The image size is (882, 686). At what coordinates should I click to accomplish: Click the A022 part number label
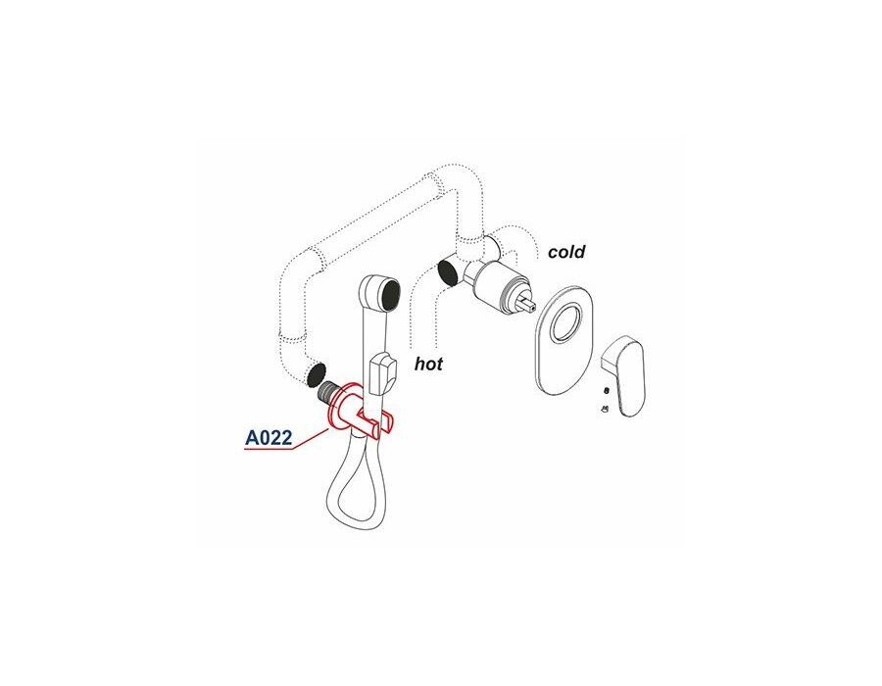269,437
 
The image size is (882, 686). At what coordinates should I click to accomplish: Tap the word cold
566,251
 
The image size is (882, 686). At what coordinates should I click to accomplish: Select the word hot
428,364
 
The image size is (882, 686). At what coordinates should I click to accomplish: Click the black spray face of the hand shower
390,295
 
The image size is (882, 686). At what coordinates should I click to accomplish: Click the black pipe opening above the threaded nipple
317,375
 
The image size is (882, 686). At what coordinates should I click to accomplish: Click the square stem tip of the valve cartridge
529,304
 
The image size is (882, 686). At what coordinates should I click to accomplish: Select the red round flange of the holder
342,409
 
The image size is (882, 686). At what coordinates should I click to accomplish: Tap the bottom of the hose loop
349,524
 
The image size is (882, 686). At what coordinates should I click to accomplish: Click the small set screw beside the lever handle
607,390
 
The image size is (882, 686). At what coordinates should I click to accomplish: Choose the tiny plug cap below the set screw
605,409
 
